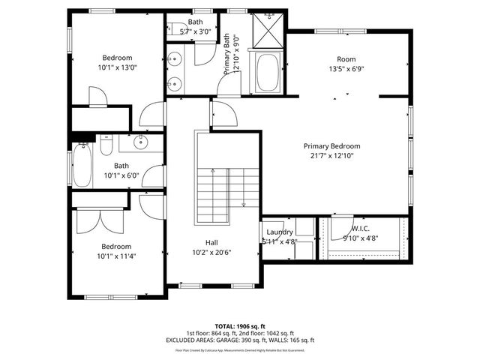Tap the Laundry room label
pyautogui.click(x=280, y=232)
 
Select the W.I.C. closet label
pyautogui.click(x=361, y=229)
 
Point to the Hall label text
pyautogui.click(x=212, y=242)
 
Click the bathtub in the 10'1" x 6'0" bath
pyautogui.click(x=81, y=167)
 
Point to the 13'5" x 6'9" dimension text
pyautogui.click(x=346, y=69)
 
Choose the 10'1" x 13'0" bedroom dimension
pyautogui.click(x=118, y=67)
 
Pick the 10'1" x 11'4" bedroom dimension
pyautogui.click(x=117, y=256)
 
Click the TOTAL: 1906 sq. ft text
pyautogui.click(x=240, y=326)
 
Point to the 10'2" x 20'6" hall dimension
pyautogui.click(x=212, y=252)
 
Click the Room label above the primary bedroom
pyautogui.click(x=346, y=59)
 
